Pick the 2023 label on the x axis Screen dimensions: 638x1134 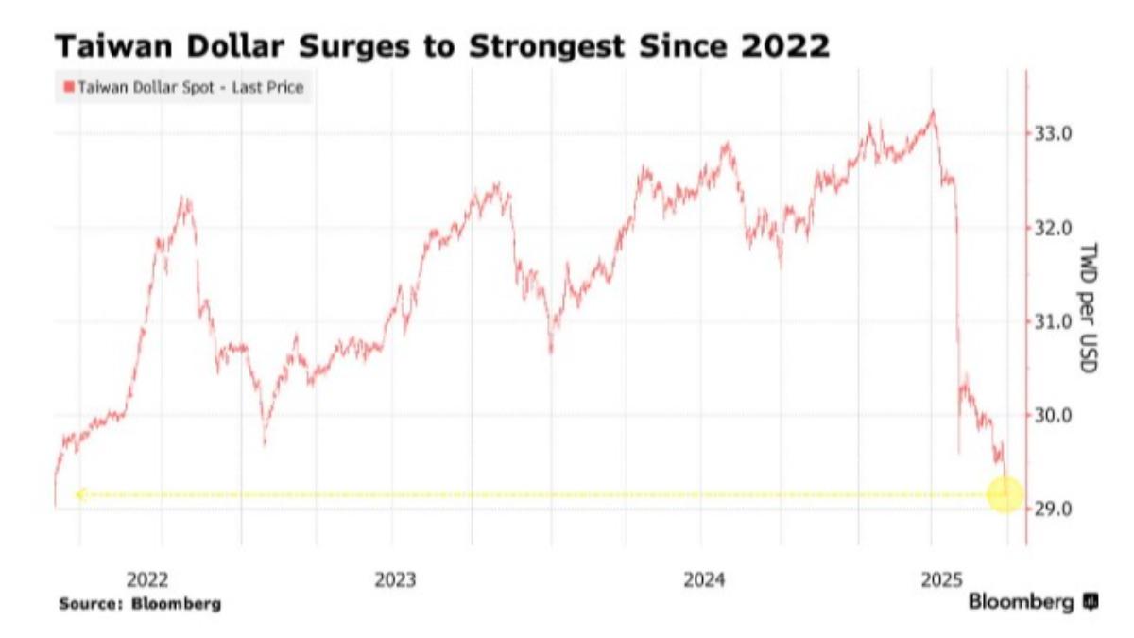(395, 579)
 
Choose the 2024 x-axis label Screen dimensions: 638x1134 (703, 579)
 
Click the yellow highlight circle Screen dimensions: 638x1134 (1005, 493)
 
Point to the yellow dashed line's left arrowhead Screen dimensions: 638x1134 (80, 493)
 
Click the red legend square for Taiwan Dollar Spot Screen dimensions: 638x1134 (68, 88)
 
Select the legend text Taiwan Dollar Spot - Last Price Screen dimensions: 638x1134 (189, 88)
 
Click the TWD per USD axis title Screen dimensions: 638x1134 (1087, 307)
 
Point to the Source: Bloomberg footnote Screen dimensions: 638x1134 (140, 603)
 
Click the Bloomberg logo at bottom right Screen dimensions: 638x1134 (1032, 602)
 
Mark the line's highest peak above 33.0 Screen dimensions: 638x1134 (933, 112)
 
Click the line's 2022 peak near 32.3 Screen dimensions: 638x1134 (185, 199)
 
